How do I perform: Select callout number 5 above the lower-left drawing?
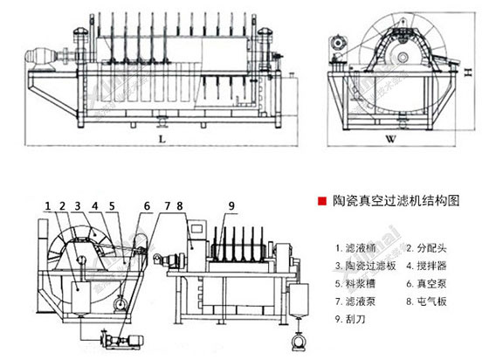click(112, 205)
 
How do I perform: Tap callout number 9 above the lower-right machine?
click(232, 205)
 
